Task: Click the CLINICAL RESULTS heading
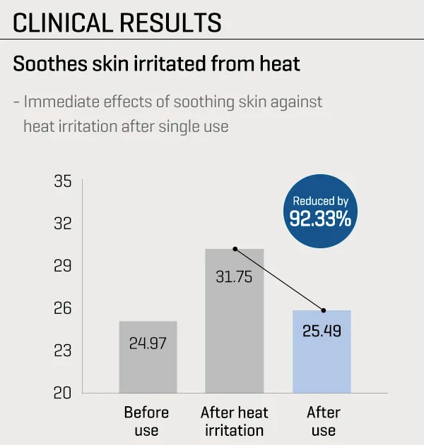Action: (117, 23)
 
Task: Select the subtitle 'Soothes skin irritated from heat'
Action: (156, 63)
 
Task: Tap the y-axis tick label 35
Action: (63, 182)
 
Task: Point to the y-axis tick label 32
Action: (63, 224)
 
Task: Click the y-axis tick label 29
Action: (63, 266)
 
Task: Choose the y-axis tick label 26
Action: (63, 308)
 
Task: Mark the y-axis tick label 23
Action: (63, 350)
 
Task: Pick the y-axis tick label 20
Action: (63, 392)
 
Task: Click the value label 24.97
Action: (148, 343)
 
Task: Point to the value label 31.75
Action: (234, 276)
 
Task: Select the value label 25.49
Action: (322, 330)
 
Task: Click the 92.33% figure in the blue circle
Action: (320, 219)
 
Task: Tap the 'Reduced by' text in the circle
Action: (320, 201)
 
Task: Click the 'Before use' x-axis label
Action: (147, 421)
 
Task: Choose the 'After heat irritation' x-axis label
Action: (235, 421)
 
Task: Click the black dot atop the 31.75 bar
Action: (235, 249)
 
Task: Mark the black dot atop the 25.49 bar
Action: (323, 310)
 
